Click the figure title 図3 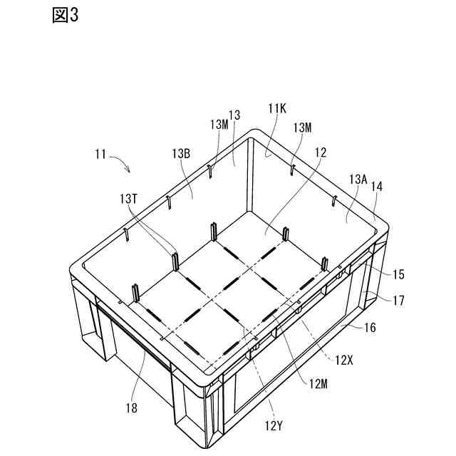(65, 16)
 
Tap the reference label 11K (276, 108)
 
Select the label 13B (180, 153)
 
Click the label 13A (358, 181)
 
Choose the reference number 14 (377, 187)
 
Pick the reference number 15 (398, 274)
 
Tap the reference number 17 (398, 301)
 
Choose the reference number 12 (320, 152)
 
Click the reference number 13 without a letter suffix (234, 114)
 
